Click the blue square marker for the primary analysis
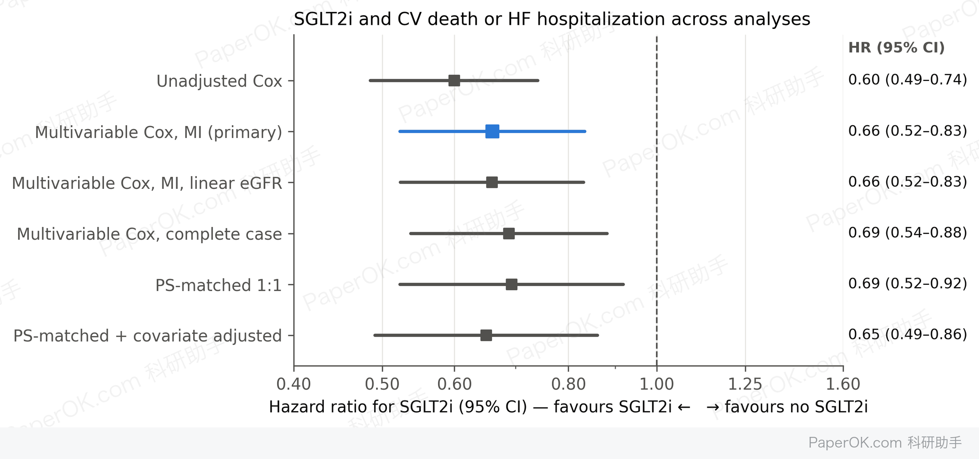[x=492, y=131]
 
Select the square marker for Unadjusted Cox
[x=454, y=81]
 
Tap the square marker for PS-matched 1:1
[x=512, y=284]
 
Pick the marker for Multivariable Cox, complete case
[x=509, y=233]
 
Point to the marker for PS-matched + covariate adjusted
[x=486, y=335]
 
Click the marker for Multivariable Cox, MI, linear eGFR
[x=492, y=182]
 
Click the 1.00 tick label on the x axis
[x=656, y=384]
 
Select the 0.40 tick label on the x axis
[x=294, y=384]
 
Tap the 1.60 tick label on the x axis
[x=843, y=384]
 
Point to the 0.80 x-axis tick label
[x=568, y=384]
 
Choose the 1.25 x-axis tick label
[x=745, y=384]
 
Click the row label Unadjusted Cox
[x=219, y=81]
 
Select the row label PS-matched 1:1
[x=219, y=285]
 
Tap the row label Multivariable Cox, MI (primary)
[x=159, y=132]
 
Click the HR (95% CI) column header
[x=896, y=47]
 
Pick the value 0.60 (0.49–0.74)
[x=908, y=80]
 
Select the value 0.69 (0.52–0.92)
[x=908, y=284]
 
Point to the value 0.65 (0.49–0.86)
[x=908, y=335]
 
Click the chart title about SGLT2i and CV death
[x=552, y=19]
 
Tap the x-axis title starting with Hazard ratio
[x=568, y=407]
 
